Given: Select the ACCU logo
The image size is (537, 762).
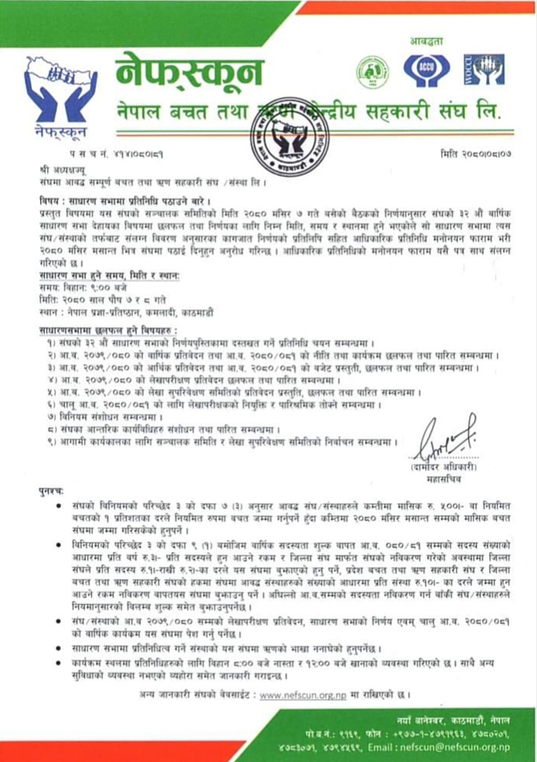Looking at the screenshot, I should coord(421,70).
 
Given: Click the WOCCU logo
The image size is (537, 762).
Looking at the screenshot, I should coord(488,69).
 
